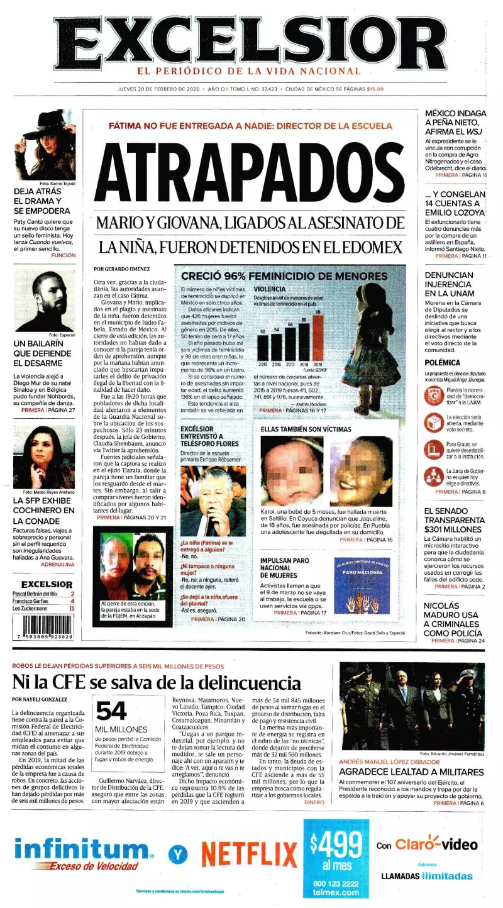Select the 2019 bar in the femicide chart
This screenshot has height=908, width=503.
click(x=318, y=338)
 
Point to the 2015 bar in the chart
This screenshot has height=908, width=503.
click(x=263, y=347)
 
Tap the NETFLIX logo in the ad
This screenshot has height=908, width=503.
click(x=250, y=853)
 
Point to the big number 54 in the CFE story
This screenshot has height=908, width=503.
click(x=112, y=711)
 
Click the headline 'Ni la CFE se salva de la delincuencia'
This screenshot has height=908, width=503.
click(x=157, y=682)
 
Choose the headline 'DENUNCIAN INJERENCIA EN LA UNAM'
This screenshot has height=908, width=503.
click(x=450, y=284)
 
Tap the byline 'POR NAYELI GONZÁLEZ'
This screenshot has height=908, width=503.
click(x=40, y=699)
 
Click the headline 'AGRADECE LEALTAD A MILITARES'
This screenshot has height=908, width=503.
click(x=411, y=772)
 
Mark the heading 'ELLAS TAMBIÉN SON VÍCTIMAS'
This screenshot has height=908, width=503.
click(x=306, y=429)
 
